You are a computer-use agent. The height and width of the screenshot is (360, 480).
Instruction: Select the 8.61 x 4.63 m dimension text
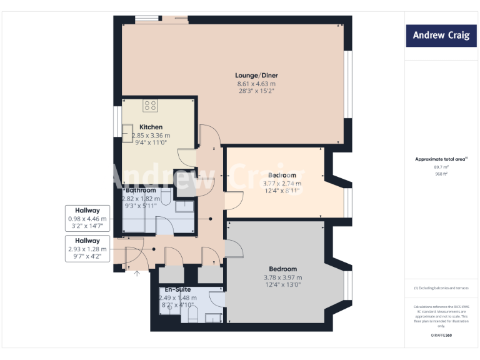(256, 84)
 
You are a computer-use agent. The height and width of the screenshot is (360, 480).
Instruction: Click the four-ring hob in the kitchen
(150, 106)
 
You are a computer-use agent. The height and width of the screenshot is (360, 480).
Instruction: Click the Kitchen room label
(151, 127)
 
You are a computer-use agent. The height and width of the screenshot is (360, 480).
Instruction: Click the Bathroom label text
(141, 190)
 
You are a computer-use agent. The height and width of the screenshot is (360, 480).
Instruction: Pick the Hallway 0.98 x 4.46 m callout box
(87, 219)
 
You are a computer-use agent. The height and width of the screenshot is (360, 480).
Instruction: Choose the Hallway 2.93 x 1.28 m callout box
(87, 248)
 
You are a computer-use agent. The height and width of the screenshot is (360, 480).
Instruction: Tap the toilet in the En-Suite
(192, 314)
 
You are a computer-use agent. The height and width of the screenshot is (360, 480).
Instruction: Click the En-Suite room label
(177, 290)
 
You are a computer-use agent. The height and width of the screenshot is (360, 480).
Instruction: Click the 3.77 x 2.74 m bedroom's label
(282, 175)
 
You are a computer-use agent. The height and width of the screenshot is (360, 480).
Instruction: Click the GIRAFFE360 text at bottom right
(441, 336)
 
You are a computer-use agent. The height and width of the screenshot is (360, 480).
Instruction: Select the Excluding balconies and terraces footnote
(441, 287)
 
